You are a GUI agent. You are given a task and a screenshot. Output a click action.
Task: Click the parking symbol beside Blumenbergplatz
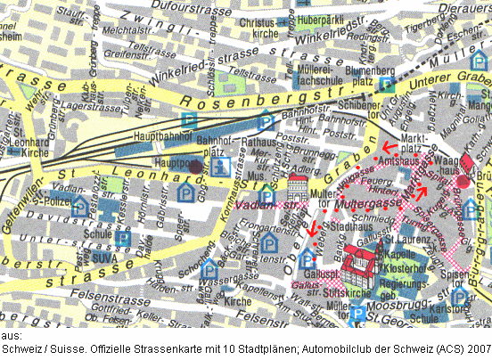385,84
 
